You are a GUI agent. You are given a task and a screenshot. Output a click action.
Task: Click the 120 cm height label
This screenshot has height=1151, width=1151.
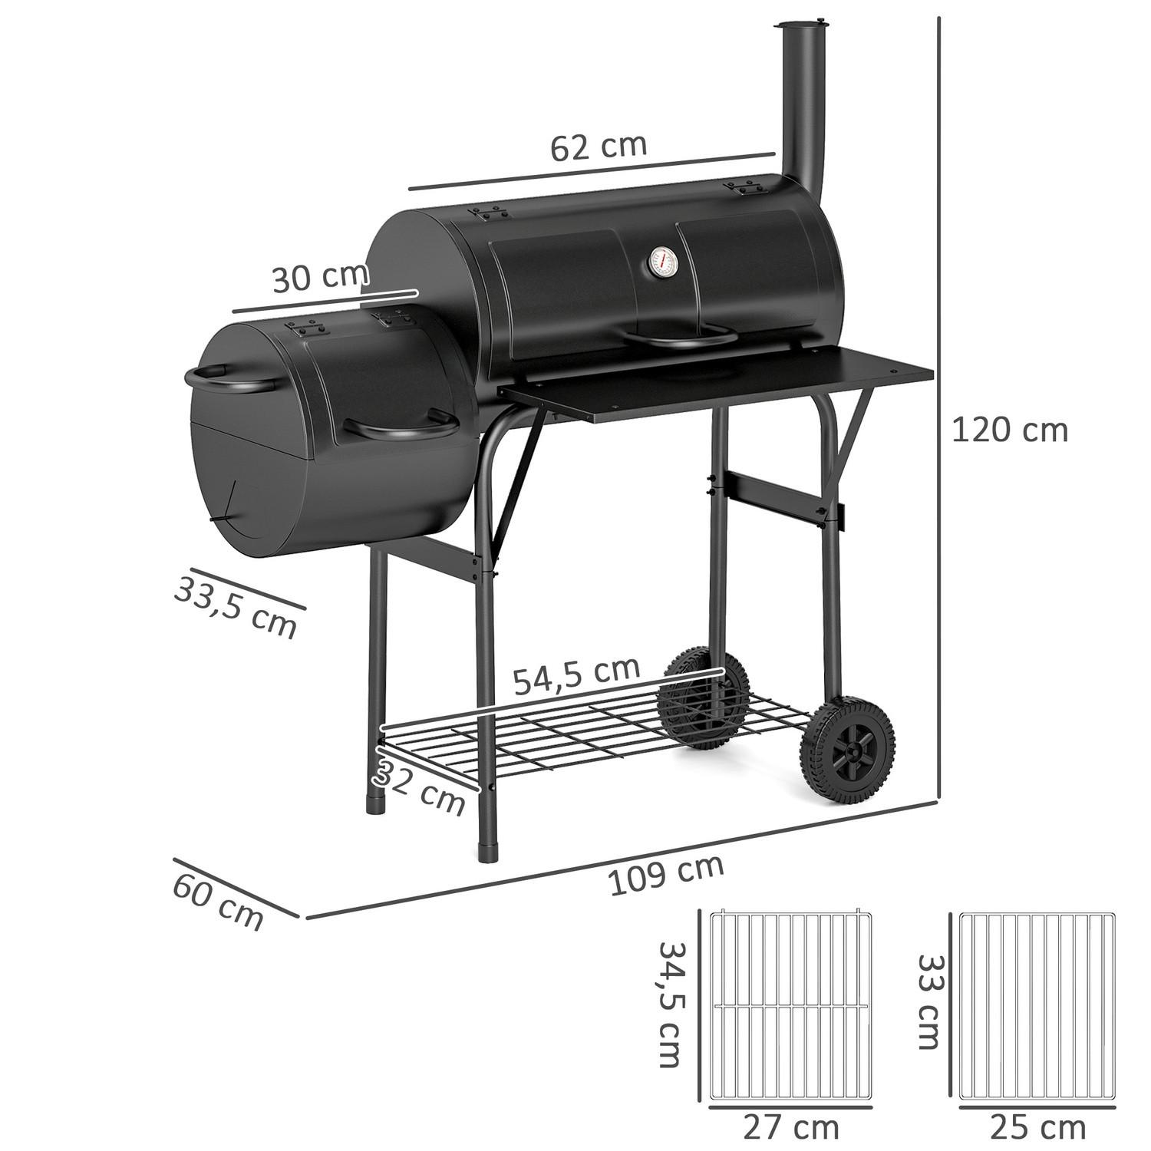click(x=1009, y=430)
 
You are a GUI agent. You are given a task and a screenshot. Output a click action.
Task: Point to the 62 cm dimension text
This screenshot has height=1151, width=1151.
click(x=599, y=146)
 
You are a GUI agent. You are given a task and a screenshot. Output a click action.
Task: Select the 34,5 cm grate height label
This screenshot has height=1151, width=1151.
click(x=669, y=1004)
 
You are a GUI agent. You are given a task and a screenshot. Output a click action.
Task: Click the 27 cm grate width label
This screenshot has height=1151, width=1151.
click(x=790, y=1128)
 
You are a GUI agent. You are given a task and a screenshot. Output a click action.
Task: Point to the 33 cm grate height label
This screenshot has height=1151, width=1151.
click(x=928, y=1001)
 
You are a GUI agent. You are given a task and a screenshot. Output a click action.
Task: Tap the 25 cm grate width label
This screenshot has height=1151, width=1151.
click(x=1037, y=1128)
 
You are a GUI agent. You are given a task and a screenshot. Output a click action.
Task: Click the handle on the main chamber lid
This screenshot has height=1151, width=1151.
click(x=675, y=335)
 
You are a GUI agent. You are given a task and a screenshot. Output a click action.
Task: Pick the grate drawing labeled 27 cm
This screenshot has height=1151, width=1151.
click(x=790, y=1005)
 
